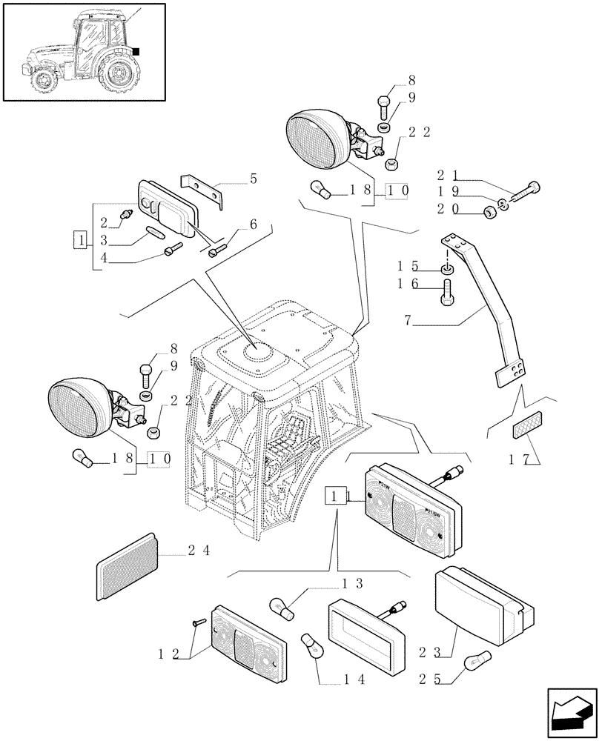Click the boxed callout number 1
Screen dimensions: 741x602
[x=79, y=239]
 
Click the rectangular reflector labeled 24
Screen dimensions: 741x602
[x=127, y=565]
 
